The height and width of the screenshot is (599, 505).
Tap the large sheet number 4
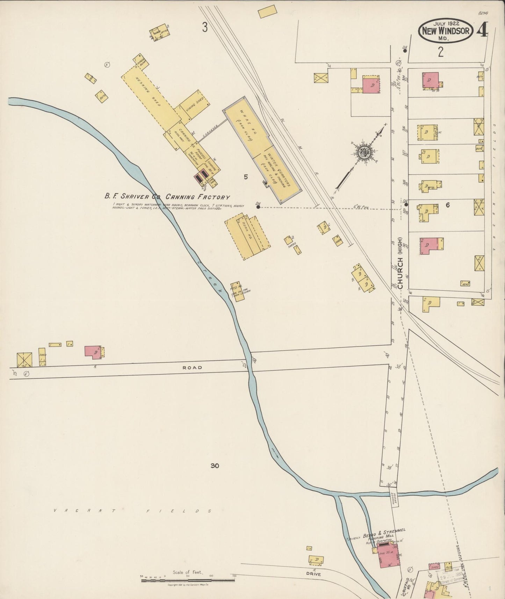(482, 31)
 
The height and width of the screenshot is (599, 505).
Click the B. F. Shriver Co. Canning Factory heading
(167, 197)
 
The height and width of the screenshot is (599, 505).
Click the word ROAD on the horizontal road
(192, 368)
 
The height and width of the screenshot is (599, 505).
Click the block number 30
(215, 466)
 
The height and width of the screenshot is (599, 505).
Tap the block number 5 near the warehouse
(246, 177)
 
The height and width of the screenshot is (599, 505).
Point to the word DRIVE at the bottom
(315, 574)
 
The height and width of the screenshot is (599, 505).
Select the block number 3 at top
(205, 27)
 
